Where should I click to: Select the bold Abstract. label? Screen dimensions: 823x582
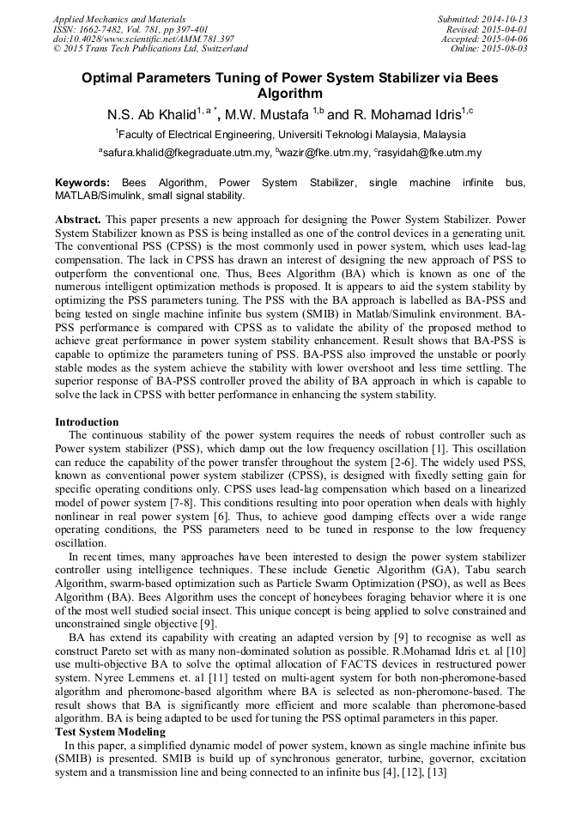tap(78, 220)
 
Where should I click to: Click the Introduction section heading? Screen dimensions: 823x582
tap(87, 422)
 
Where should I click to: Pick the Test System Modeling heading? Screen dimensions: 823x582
tap(111, 731)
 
